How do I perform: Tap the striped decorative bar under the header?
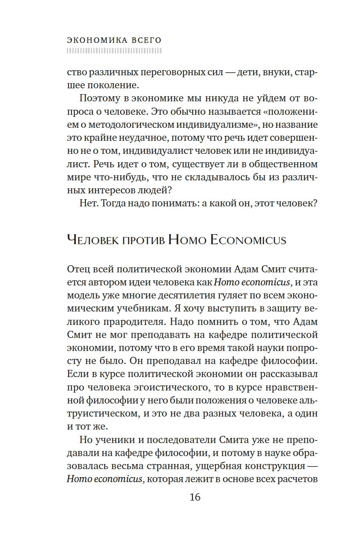pos(114,51)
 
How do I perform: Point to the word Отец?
pos(77,269)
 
